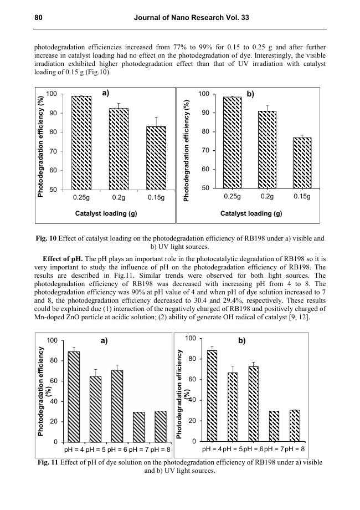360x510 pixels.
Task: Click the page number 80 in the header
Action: coord(38,18)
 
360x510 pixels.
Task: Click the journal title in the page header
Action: coord(192,18)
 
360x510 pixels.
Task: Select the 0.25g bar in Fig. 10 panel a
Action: coord(81,142)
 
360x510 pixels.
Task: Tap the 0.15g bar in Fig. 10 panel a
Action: coord(156,158)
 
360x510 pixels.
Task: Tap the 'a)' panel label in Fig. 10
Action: coord(106,94)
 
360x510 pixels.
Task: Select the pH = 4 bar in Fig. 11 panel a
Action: coord(73,396)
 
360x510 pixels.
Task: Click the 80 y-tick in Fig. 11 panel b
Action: coord(190,359)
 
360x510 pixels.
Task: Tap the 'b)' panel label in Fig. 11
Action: coord(242,341)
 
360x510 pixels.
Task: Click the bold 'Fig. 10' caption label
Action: coord(45,238)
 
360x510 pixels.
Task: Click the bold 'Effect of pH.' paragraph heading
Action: coord(63,259)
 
